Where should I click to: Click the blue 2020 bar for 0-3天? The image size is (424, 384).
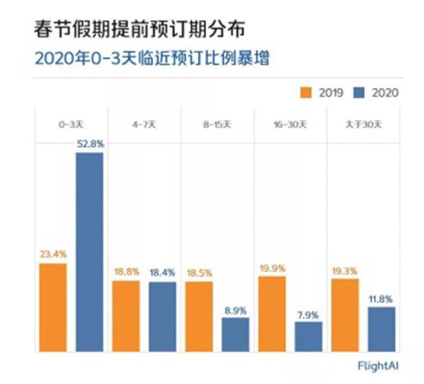(x=89, y=252)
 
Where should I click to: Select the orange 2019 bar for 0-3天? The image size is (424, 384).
(x=53, y=308)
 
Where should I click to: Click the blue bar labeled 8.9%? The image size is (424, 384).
(x=235, y=335)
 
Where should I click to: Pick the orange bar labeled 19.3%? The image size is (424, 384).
(x=345, y=315)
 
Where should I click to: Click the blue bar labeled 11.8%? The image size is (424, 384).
(x=382, y=329)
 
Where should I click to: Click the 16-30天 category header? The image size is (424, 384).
(x=290, y=124)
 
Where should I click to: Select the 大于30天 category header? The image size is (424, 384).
(x=363, y=124)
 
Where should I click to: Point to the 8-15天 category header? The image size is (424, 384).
(x=217, y=124)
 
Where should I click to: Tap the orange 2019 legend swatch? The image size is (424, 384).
(x=306, y=92)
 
